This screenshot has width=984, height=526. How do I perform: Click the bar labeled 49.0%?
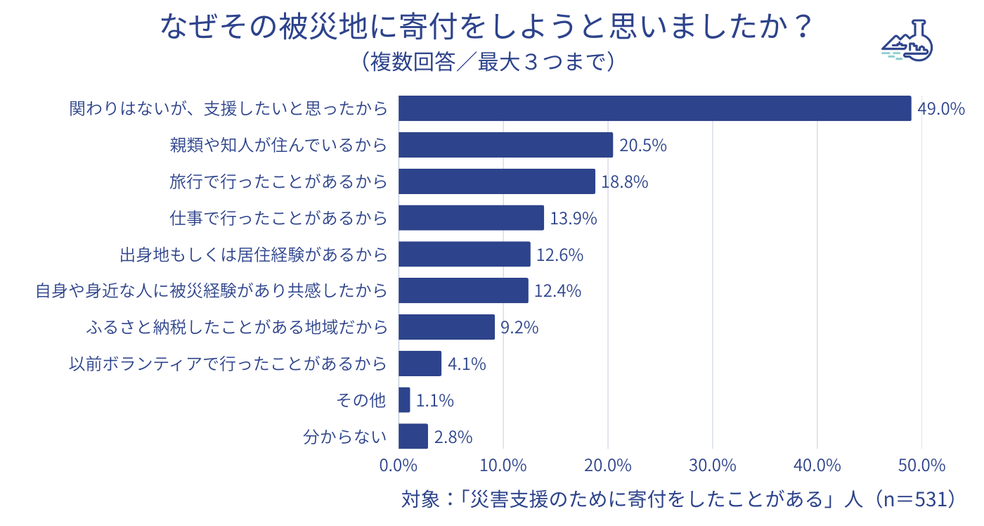(x=654, y=108)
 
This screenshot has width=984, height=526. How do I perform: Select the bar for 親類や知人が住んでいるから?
(x=505, y=145)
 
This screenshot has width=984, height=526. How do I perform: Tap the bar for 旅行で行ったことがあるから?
(x=497, y=181)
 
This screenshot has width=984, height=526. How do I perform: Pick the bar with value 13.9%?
(x=471, y=218)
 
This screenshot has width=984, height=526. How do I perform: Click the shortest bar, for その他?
(x=404, y=400)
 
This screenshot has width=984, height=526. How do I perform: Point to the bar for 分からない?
(x=413, y=436)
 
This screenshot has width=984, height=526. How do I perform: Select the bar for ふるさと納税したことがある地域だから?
(x=446, y=327)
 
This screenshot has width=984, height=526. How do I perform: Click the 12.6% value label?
(x=559, y=255)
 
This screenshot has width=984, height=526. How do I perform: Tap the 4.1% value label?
(x=467, y=364)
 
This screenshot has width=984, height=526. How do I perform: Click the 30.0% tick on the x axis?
(x=712, y=466)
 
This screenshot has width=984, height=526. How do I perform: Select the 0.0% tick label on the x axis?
(x=399, y=466)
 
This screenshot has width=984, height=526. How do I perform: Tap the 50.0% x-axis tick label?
(x=921, y=466)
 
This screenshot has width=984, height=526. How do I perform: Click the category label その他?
(x=362, y=401)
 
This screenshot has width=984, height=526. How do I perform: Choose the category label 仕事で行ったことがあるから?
(x=278, y=218)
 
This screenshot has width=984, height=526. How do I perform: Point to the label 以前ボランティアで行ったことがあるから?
(x=228, y=364)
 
